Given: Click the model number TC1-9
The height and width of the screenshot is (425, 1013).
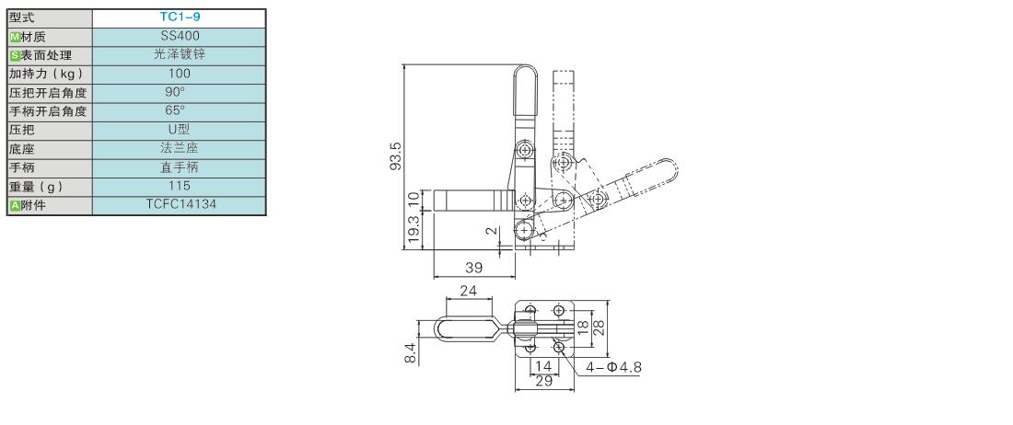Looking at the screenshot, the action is (180, 17).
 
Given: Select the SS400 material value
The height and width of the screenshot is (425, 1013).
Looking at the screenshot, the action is (180, 36).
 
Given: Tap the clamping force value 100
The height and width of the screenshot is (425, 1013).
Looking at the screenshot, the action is (179, 74).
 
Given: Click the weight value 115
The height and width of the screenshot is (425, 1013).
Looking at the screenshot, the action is (179, 186).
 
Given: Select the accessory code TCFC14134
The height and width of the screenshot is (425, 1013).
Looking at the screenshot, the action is (180, 204).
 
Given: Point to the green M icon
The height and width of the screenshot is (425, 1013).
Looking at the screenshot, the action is (16, 37).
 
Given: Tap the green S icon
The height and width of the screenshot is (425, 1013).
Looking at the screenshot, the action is (16, 55).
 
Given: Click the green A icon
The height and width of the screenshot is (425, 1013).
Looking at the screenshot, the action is (16, 206).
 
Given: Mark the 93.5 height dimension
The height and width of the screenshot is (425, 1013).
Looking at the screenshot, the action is (397, 156).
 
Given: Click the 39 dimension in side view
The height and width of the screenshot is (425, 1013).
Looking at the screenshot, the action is (473, 267).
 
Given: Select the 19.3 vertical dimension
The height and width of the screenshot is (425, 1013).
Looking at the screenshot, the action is (414, 230).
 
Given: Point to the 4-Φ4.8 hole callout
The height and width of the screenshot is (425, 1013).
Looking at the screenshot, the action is (613, 368).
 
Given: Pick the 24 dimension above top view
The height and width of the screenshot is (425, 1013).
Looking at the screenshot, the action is (469, 291).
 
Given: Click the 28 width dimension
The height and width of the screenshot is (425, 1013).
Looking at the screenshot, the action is (600, 329).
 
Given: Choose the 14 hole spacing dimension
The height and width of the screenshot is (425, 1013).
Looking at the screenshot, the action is (544, 366).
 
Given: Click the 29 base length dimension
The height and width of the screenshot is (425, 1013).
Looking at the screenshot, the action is (544, 381).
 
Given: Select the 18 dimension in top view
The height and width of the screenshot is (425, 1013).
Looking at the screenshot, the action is (582, 329).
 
